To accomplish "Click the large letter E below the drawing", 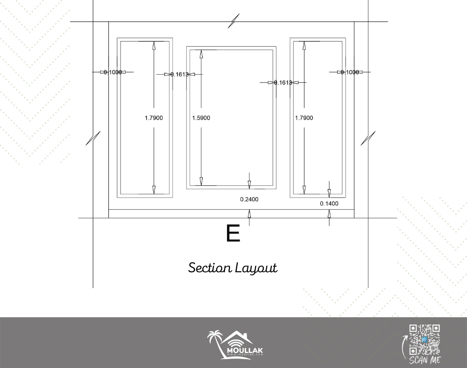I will tap(233, 234).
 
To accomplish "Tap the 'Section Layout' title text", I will tap(233, 268).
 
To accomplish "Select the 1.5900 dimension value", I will tap(201, 118).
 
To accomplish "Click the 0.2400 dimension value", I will tap(249, 199).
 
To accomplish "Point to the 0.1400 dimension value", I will tap(329, 204).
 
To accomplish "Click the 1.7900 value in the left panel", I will tap(154, 118).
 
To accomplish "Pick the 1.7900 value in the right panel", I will tap(304, 118).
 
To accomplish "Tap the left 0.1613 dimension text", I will tap(180, 74).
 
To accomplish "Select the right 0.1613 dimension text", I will tap(283, 83).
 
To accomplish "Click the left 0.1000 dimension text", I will tap(113, 72).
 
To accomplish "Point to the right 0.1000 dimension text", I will tap(350, 72).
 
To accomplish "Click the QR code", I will tap(425, 340).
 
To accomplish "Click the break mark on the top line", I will tap(234, 21).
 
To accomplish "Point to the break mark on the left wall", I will tap(93, 138).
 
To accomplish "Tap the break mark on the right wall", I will tap(368, 138).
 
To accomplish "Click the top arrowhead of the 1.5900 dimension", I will tap(201, 53).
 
